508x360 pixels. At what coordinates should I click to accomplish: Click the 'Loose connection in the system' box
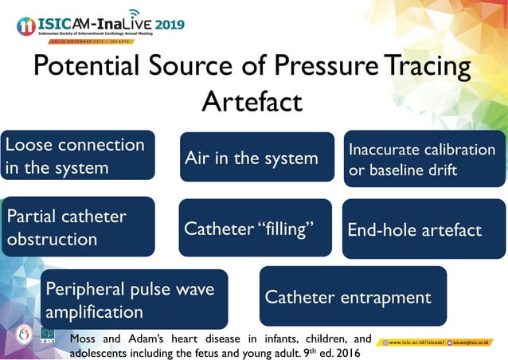coord(78,156)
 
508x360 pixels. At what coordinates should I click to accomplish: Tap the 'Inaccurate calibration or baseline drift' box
coord(424,159)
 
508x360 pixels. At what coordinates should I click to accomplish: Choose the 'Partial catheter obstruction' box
coord(78,227)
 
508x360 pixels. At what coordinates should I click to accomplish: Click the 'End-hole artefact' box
coord(424,230)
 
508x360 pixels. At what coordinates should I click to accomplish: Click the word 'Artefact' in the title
coord(252,101)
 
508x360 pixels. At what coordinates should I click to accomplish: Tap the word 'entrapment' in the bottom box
coord(385,297)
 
